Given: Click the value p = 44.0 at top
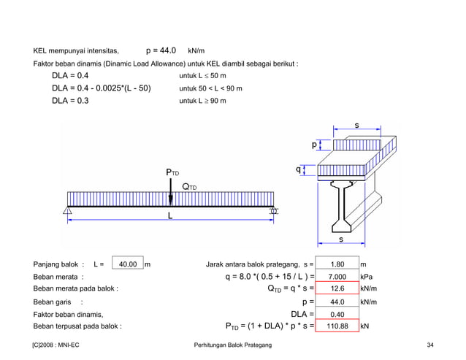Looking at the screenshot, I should pos(161,51).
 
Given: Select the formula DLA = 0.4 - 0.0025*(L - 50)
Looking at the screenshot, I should pos(101,88).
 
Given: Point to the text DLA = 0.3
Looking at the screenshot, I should pos(70,101).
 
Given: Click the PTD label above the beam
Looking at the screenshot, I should pos(172,172).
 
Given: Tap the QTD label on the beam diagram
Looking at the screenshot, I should pos(189,187).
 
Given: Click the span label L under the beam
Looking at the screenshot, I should pos(171,217).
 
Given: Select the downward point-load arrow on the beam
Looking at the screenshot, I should pos(171,194).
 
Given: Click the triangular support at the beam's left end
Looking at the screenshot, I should pos(67,212).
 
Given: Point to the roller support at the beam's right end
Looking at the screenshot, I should pos(275,212).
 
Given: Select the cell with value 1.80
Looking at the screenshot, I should pos(337,264).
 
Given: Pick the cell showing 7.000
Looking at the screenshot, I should pos(337,277).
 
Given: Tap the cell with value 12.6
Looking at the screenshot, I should pos(337,288).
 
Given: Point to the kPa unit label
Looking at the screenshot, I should pos(367,277).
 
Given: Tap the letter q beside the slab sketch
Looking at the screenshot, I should pos(298,169).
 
